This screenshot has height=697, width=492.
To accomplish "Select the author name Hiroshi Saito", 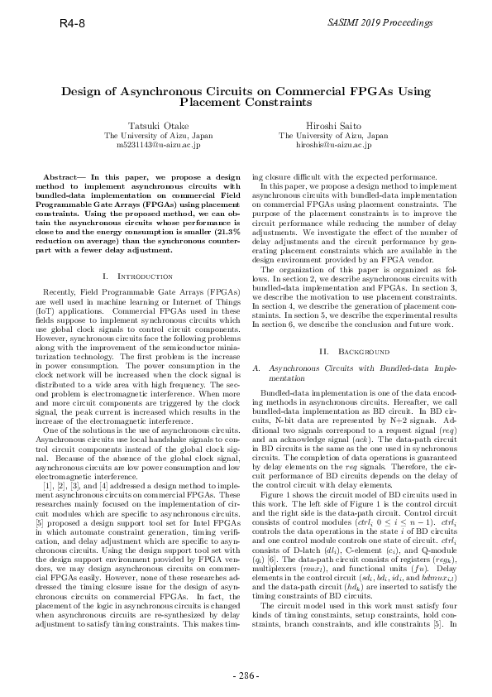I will [333, 124].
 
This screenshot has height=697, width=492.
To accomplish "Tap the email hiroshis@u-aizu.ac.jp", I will [333, 144].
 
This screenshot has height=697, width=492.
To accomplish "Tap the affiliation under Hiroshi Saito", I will [333, 134].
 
